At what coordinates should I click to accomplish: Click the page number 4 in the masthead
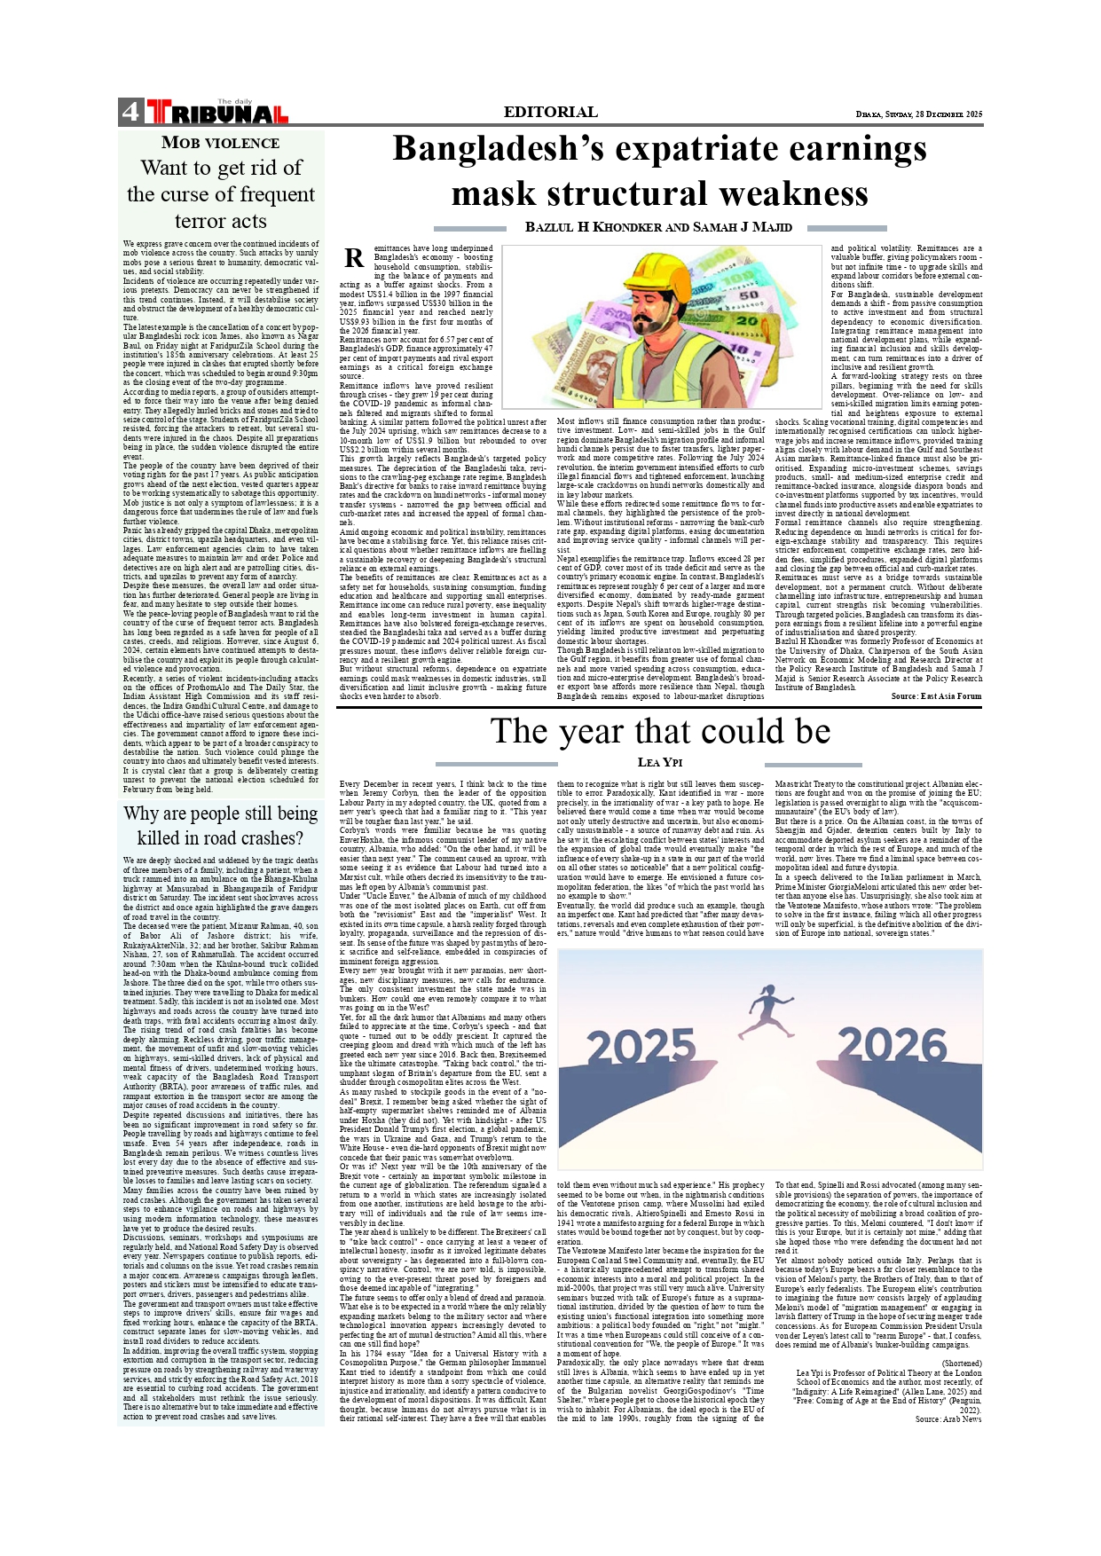(x=130, y=112)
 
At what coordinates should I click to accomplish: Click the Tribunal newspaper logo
(x=216, y=112)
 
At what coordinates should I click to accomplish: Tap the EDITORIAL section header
(x=550, y=112)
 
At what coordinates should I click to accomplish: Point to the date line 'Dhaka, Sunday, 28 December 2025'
(x=919, y=114)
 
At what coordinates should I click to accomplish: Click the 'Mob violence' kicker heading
(x=220, y=143)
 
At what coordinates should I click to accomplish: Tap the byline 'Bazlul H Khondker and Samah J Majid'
(x=658, y=227)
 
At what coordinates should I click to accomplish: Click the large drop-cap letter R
(x=354, y=258)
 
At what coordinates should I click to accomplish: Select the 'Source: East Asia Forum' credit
(x=936, y=696)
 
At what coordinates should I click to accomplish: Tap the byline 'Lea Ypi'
(x=659, y=763)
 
